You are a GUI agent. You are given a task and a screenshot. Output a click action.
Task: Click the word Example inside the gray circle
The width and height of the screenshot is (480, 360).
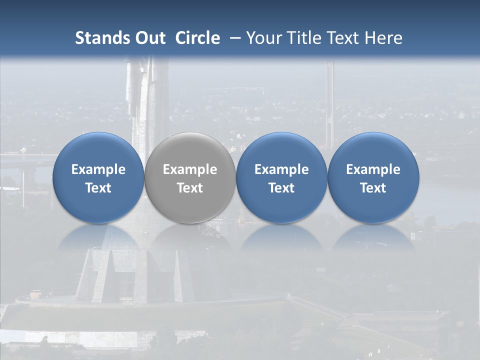point(190,169)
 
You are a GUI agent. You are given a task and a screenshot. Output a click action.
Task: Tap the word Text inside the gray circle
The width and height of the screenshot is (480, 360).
point(190,188)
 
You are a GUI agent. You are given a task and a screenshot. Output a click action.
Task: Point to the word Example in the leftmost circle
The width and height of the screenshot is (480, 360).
point(98,169)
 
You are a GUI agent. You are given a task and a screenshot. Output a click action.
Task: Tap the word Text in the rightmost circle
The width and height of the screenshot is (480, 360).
point(373,188)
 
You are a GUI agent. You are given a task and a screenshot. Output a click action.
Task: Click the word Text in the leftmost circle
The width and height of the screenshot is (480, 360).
point(98,188)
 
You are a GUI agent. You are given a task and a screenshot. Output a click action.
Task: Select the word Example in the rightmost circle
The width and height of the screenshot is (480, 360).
point(373,169)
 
